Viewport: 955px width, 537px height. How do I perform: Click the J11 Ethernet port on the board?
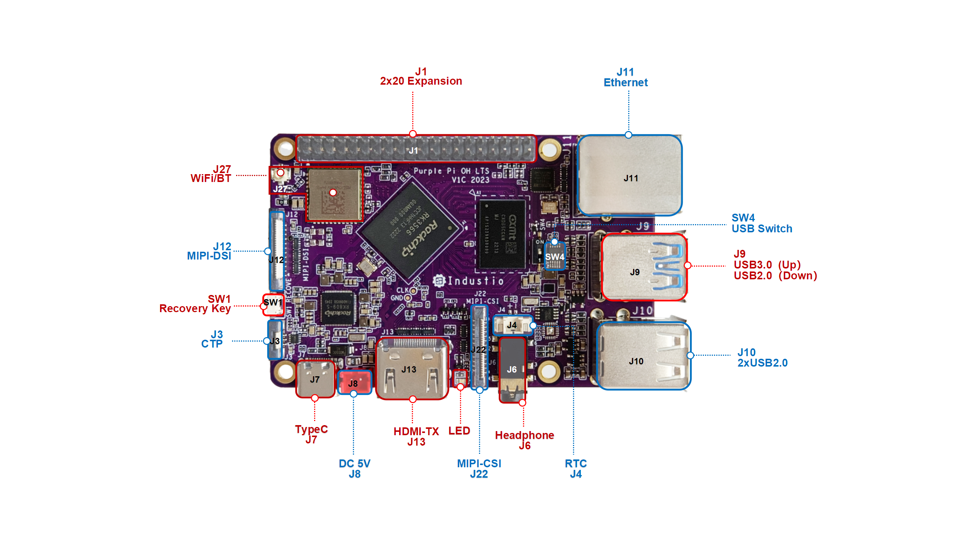pos(630,175)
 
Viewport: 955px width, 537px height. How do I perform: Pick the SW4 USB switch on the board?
pos(555,256)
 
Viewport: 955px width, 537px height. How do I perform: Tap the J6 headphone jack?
pos(512,369)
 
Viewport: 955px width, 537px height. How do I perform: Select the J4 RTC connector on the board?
pos(513,325)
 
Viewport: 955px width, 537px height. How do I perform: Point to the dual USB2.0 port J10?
pos(644,356)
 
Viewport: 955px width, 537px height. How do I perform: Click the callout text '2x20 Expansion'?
pos(421,81)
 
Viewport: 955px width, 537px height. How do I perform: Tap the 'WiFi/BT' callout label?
pos(211,179)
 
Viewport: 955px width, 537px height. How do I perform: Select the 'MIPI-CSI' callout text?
pos(479,464)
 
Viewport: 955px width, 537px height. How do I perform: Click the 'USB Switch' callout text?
pos(762,229)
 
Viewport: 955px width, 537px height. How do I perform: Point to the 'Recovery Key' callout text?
pos(195,309)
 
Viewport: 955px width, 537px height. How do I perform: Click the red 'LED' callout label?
pos(459,431)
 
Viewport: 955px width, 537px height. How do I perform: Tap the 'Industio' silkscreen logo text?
pos(476,281)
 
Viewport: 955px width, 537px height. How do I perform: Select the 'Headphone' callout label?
pos(524,435)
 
